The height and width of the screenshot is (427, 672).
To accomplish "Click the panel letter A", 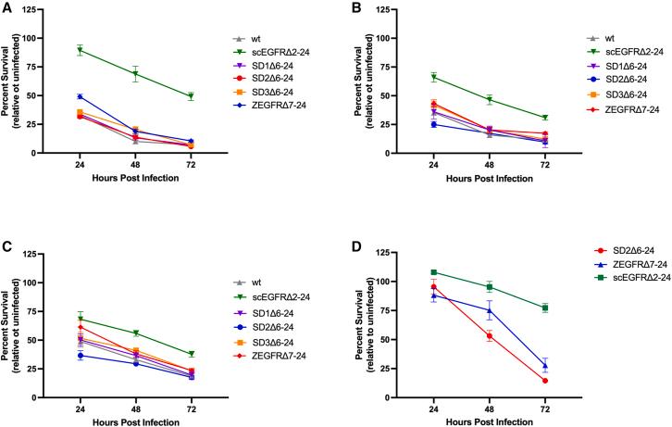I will click(7, 7).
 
